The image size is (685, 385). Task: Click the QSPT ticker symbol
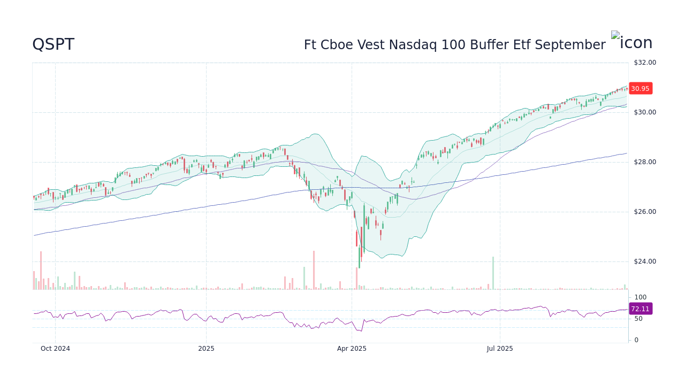click(53, 45)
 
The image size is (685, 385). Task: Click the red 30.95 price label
click(640, 89)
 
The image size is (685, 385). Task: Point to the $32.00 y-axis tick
click(644, 63)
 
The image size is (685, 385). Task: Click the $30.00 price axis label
click(644, 112)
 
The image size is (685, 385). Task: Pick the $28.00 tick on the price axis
click(644, 162)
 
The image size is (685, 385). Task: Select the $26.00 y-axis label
click(644, 212)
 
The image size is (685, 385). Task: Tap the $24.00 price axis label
click(644, 261)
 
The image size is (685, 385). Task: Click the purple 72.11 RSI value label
click(640, 309)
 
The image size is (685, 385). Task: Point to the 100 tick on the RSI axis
click(640, 297)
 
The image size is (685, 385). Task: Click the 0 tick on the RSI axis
click(636, 340)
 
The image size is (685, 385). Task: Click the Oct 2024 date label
click(55, 349)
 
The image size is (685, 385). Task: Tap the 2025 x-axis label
click(206, 349)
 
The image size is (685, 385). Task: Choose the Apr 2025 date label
click(352, 349)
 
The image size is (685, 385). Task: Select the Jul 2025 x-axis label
click(500, 349)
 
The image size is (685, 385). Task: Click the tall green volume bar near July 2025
click(493, 273)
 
